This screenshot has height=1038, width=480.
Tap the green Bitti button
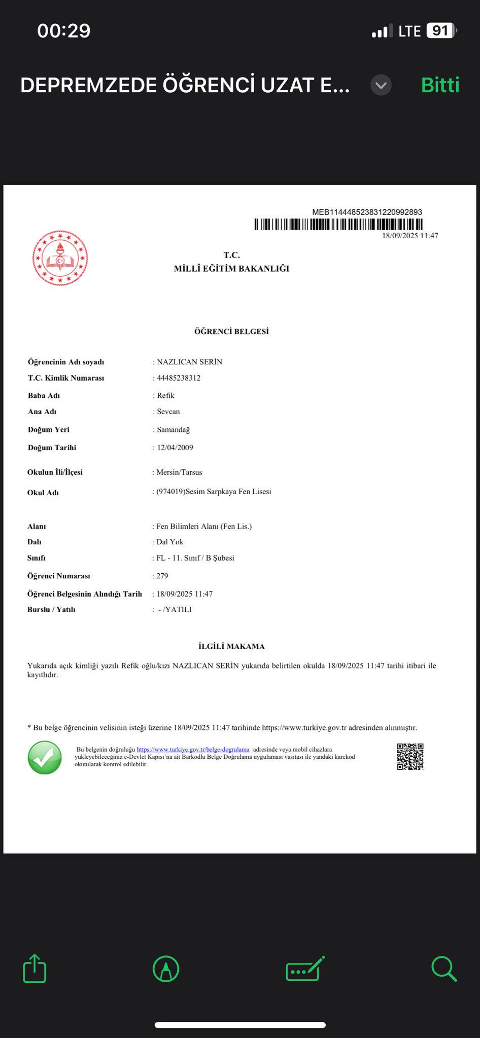pyautogui.click(x=440, y=85)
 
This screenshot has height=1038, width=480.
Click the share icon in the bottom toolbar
pyautogui.click(x=35, y=969)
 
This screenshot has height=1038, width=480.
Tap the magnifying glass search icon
pyautogui.click(x=444, y=969)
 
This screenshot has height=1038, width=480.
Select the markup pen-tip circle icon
pyautogui.click(x=166, y=969)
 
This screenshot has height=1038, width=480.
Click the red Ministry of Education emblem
pyautogui.click(x=60, y=258)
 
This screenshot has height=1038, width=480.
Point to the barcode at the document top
pyautogui.click(x=338, y=224)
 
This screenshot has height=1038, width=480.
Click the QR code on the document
pyautogui.click(x=410, y=757)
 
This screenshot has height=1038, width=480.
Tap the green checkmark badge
pyautogui.click(x=45, y=758)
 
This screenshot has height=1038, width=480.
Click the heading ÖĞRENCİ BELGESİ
pyautogui.click(x=231, y=331)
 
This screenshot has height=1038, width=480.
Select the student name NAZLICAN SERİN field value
pyautogui.click(x=189, y=362)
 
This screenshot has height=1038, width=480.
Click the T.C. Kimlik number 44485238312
pyautogui.click(x=179, y=378)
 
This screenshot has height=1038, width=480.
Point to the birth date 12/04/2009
pyautogui.click(x=175, y=448)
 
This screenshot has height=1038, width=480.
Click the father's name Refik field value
pyautogui.click(x=165, y=395)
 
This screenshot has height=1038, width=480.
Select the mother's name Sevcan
pyautogui.click(x=168, y=412)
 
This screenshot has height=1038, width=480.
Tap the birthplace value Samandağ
pyautogui.click(x=173, y=430)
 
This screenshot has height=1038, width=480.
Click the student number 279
pyautogui.click(x=162, y=576)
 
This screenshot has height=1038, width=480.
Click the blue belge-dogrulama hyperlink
pyautogui.click(x=193, y=749)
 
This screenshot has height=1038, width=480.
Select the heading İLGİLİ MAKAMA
pyautogui.click(x=231, y=646)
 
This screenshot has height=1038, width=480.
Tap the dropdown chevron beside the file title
pyautogui.click(x=381, y=85)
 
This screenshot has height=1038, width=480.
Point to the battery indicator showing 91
pyautogui.click(x=440, y=31)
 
